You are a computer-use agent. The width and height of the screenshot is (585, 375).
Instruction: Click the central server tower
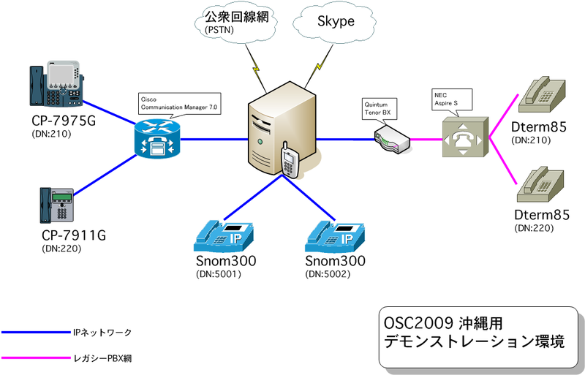pos(279,128)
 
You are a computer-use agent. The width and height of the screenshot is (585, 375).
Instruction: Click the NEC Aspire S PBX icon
pos(462,137)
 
